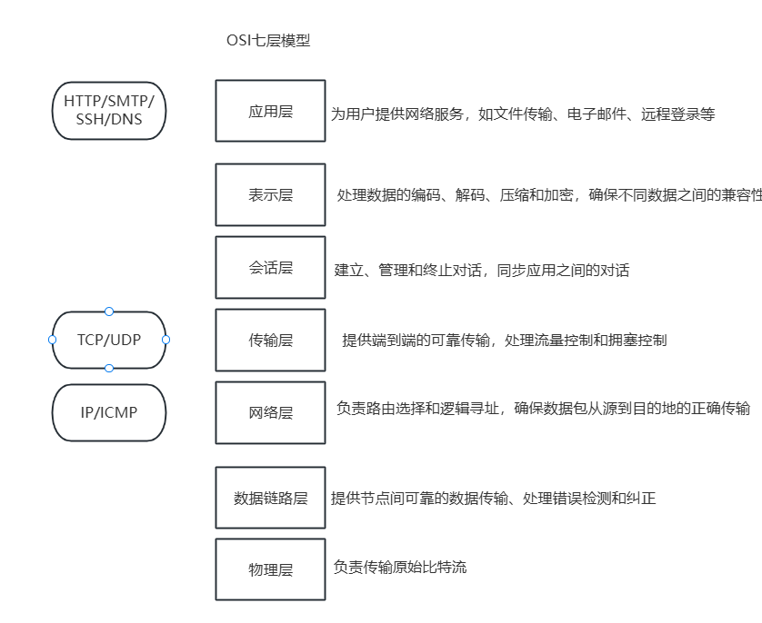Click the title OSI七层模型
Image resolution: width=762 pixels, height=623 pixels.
point(268,41)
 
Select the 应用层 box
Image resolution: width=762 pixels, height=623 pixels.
point(270,112)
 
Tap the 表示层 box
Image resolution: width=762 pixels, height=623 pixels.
point(270,194)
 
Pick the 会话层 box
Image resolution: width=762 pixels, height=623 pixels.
point(270,267)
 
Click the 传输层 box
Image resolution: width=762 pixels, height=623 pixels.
point(270,340)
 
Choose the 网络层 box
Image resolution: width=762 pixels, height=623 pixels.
point(270,412)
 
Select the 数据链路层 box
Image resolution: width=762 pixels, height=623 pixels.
point(270,498)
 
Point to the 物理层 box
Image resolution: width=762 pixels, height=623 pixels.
point(270,569)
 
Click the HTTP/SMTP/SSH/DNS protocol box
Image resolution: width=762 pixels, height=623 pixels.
point(109,109)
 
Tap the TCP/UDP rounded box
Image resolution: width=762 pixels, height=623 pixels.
point(109,340)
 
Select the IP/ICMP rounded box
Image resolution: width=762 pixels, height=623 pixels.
point(109,412)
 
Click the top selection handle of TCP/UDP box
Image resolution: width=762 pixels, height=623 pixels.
point(109,311)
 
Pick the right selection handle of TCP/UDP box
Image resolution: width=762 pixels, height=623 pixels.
point(166,340)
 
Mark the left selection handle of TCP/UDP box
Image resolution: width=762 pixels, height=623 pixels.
point(53,340)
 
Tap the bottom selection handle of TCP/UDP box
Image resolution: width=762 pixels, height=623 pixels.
point(109,368)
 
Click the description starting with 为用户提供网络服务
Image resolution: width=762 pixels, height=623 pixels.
point(522,114)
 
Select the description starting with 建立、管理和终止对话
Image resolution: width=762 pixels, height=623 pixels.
point(481,270)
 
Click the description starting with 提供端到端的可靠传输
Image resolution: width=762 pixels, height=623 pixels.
point(504,340)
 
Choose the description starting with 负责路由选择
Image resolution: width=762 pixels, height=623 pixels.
point(543,408)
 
